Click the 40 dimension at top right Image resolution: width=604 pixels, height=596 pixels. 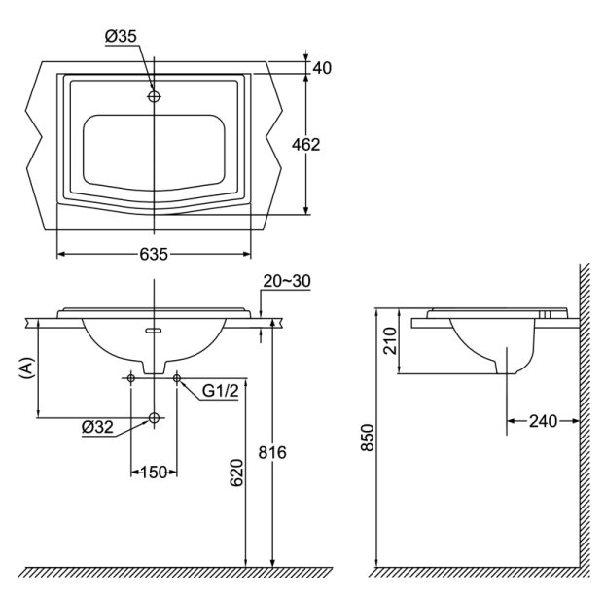click(322, 68)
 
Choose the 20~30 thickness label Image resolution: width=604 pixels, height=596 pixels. click(286, 282)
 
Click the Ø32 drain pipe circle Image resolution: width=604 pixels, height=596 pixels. click(154, 417)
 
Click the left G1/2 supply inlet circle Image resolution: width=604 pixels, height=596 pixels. click(131, 377)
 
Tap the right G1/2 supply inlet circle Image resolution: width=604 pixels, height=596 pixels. click(176, 377)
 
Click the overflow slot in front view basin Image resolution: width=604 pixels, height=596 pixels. click(154, 332)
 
